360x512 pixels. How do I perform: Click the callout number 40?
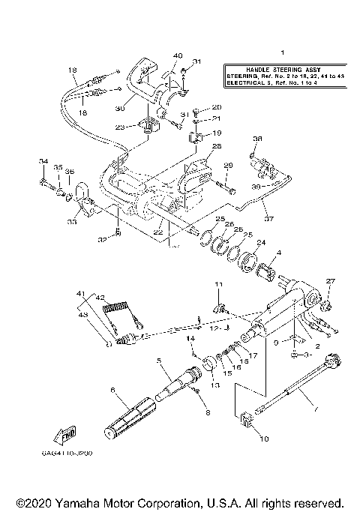(178, 55)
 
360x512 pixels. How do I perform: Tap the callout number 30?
(118, 109)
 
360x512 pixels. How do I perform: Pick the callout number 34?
(43, 161)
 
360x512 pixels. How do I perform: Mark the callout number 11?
(220, 284)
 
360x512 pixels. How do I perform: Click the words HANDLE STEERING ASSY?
(279, 68)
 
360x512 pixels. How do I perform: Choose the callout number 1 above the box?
(283, 52)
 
